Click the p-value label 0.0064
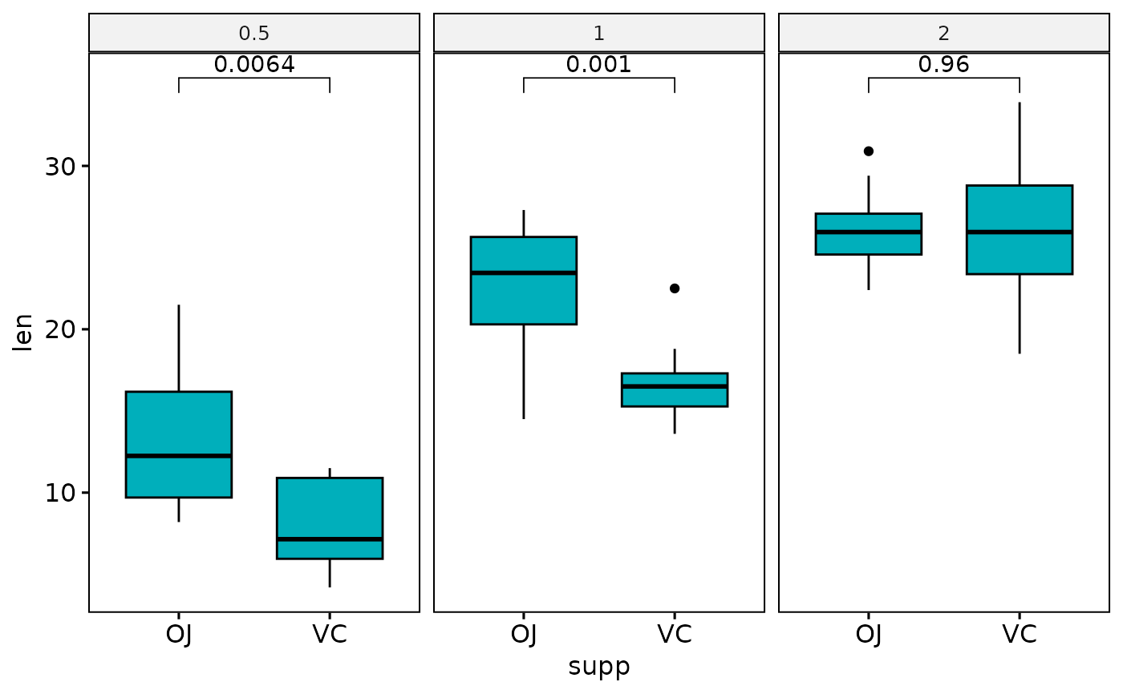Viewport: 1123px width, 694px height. [254, 64]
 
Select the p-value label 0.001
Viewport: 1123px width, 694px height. [598, 64]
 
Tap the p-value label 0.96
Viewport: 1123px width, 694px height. [943, 64]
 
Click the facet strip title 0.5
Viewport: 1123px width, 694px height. [254, 34]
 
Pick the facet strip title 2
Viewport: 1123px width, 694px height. [944, 34]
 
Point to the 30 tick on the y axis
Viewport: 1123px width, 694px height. [58, 167]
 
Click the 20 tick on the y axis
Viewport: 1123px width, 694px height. [58, 329]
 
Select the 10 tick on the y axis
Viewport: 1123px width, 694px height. [58, 492]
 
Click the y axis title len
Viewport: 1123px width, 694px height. [24, 332]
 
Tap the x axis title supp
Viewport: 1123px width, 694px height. [599, 667]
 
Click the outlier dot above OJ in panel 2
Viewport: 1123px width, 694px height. [868, 151]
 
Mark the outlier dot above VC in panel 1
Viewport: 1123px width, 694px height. [675, 288]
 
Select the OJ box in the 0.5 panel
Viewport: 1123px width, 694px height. [179, 444]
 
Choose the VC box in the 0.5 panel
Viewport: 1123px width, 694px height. [330, 518]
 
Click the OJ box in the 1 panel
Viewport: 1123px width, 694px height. [524, 280]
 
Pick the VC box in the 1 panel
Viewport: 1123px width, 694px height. [675, 389]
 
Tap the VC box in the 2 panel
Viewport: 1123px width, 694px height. [1020, 229]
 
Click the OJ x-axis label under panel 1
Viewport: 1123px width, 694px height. [524, 634]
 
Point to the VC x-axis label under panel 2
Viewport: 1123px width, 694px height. [1020, 634]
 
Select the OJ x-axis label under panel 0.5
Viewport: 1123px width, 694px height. [179, 634]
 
